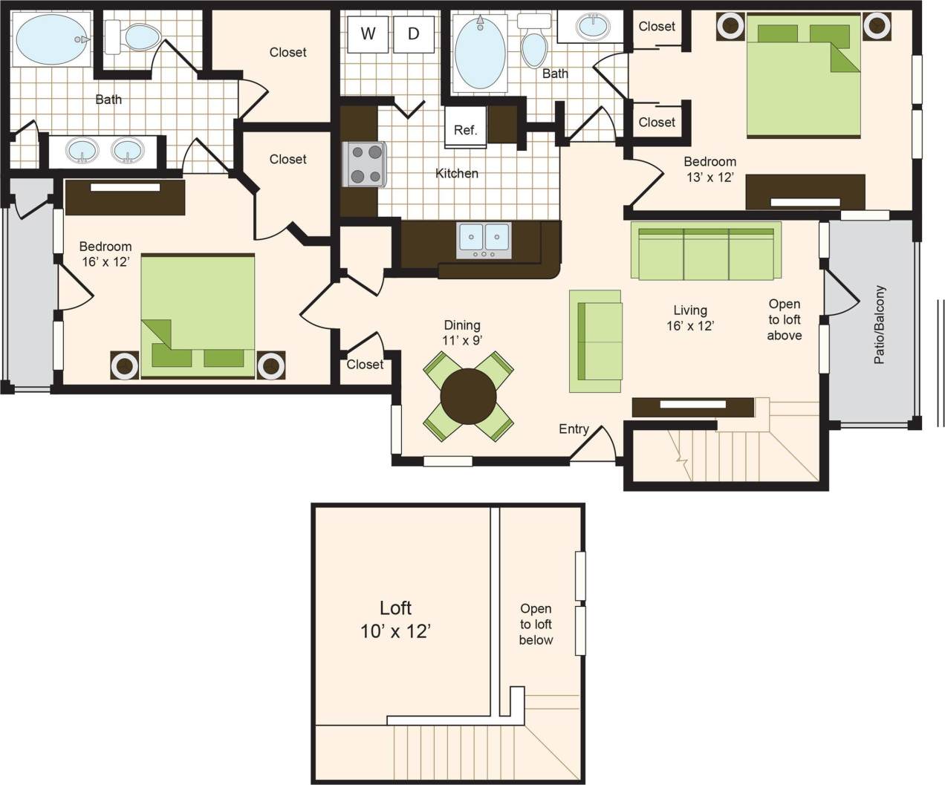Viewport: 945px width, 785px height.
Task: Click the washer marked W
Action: coord(368,33)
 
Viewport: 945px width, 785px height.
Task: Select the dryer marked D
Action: coord(413,33)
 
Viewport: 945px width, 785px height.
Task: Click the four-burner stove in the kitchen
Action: coord(364,164)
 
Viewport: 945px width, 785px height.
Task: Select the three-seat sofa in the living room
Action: coord(706,251)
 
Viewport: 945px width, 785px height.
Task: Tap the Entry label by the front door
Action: coord(574,429)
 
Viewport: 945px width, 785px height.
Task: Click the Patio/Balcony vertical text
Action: coord(880,325)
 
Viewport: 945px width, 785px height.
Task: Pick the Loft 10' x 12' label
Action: coord(395,619)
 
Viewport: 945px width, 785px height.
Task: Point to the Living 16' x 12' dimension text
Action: coord(690,318)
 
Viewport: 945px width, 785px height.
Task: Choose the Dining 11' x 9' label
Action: coord(462,333)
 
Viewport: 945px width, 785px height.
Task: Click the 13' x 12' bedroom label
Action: coord(709,169)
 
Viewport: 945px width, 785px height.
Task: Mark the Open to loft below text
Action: coord(536,624)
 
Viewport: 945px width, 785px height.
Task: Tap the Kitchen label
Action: coord(457,173)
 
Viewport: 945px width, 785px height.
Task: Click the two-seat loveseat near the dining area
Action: coord(596,341)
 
